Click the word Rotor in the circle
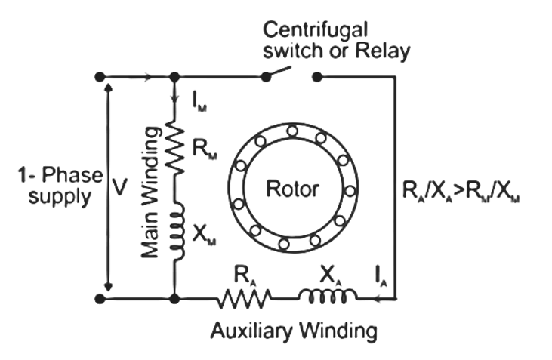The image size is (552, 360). point(292,189)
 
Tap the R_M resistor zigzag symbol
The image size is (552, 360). point(174,148)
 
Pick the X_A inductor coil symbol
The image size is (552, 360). point(324,299)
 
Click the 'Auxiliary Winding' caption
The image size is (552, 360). point(294,330)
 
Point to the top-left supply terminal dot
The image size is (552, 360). point(100,77)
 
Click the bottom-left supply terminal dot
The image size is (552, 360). point(100,299)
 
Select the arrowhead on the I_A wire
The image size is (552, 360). point(372,299)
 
